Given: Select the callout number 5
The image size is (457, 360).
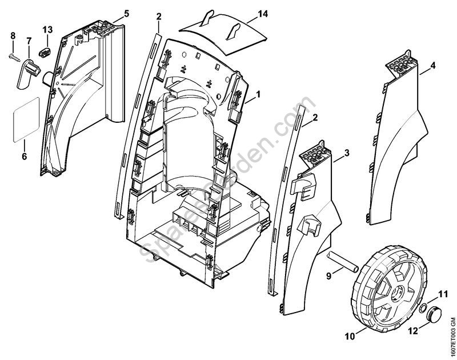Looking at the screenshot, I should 126,13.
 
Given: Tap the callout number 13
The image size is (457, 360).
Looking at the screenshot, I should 47,29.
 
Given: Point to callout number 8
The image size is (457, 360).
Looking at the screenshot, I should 13,36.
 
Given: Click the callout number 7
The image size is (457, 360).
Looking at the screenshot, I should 29,41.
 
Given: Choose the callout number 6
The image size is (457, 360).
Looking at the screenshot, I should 24,157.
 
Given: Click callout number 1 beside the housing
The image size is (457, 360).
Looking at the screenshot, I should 258,93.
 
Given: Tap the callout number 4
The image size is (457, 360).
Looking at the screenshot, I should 432,65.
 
